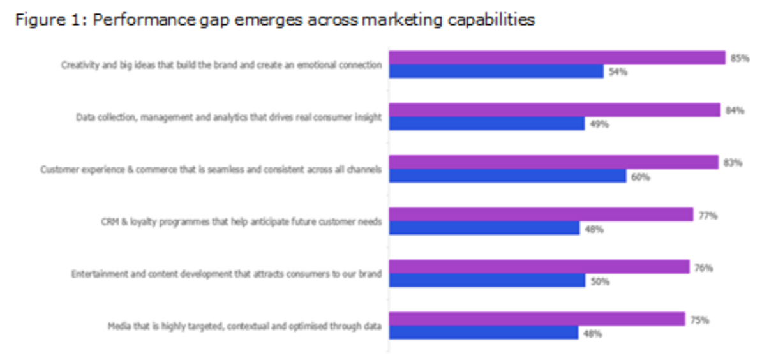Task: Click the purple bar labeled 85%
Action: (x=557, y=57)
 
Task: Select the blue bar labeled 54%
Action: (x=496, y=71)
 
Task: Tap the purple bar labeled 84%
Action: (x=555, y=110)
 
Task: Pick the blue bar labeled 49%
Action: (x=486, y=124)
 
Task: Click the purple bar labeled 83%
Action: (x=553, y=162)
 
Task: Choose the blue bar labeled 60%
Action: (x=507, y=176)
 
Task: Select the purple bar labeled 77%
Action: (x=541, y=214)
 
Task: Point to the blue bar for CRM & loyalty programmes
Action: (x=484, y=229)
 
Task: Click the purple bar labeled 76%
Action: (x=539, y=267)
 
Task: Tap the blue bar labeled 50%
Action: (x=486, y=281)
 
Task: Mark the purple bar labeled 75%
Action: (x=537, y=319)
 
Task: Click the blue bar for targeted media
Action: (x=483, y=333)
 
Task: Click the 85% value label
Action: (x=740, y=58)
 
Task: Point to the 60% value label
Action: (x=640, y=177)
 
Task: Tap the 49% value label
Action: (x=599, y=124)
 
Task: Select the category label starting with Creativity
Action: (x=221, y=65)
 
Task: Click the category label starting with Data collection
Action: (x=228, y=117)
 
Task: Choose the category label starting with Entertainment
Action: (x=226, y=274)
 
